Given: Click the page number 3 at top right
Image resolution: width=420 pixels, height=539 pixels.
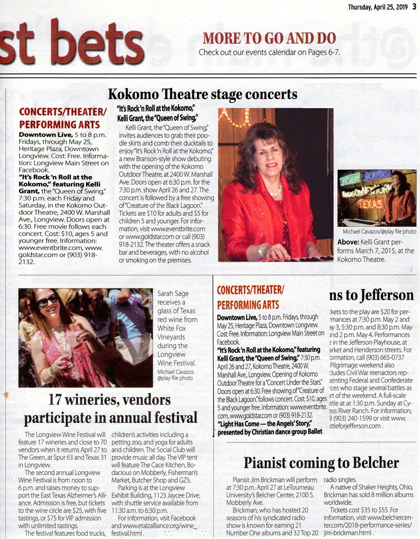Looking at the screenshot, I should click(414, 6).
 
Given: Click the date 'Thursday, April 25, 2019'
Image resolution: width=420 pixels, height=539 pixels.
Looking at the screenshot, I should click(377, 6).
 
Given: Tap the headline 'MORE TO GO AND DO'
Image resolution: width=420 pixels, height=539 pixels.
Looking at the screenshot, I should click(269, 38).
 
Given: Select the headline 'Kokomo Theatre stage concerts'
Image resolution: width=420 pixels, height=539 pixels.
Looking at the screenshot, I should click(203, 94).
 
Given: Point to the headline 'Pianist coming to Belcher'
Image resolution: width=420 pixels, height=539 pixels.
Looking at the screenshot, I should click(321, 462).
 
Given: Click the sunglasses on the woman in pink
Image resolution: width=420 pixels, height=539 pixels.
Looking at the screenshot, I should click(48, 300).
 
